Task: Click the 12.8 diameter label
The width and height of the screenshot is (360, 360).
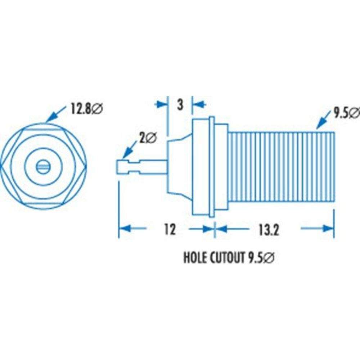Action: click(87, 108)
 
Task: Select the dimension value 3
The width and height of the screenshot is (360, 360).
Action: click(180, 105)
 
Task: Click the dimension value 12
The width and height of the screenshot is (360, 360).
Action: click(169, 229)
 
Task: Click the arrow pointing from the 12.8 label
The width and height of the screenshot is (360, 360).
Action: click(54, 116)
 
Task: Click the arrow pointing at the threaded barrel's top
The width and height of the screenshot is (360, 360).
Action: click(322, 121)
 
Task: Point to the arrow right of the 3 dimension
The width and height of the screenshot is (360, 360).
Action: click(200, 104)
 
